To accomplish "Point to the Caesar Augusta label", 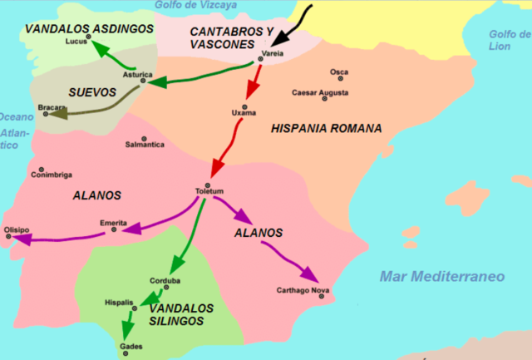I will pyautogui.click(x=320, y=92).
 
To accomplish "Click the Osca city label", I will pyautogui.click(x=339, y=72).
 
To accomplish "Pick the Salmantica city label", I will pyautogui.click(x=145, y=145).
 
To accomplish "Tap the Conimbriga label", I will pyautogui.click(x=52, y=175).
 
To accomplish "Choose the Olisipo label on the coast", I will pyautogui.click(x=17, y=229).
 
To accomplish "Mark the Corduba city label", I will pyautogui.click(x=173, y=280).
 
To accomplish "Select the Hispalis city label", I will pyautogui.click(x=119, y=303).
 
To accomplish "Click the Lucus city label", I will pyautogui.click(x=76, y=41).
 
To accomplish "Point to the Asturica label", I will pyautogui.click(x=137, y=74).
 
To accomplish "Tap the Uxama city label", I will pyautogui.click(x=244, y=112).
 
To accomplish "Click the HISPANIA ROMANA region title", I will pyautogui.click(x=326, y=129).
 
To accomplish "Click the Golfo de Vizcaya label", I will pyautogui.click(x=192, y=6).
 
